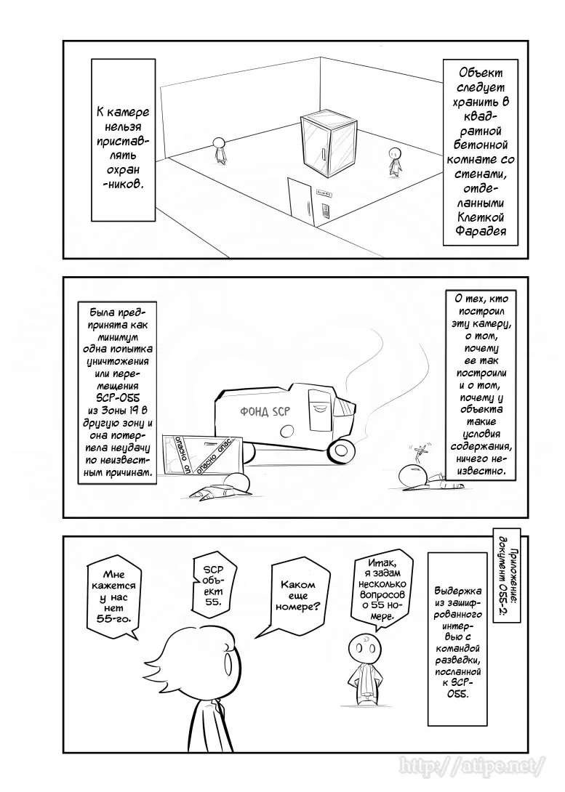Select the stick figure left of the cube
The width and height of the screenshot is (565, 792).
click(x=218, y=149)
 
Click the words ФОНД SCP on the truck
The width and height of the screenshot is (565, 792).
click(x=265, y=412)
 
